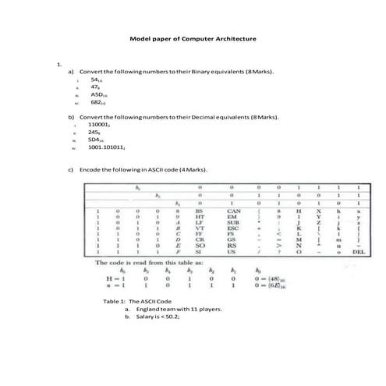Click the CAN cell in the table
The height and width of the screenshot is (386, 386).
tap(233, 211)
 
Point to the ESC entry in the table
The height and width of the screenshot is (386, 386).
tap(233, 228)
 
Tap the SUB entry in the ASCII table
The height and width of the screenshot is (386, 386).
tap(233, 222)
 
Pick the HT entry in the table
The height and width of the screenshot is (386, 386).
tap(200, 217)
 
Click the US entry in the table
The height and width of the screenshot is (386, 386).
tap(232, 253)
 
